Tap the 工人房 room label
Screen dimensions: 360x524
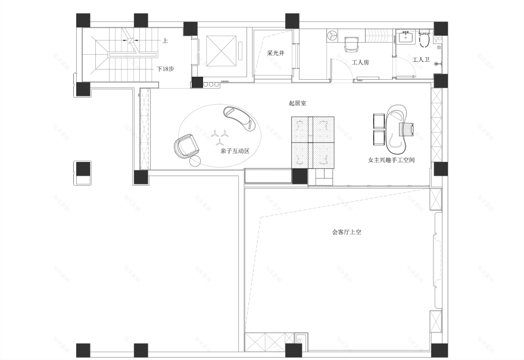360,62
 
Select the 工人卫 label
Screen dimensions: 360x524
420,60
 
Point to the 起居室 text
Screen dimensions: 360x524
297,104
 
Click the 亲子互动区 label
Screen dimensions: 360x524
234,151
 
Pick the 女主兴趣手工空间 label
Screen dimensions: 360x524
391,161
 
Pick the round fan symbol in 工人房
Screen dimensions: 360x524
332,36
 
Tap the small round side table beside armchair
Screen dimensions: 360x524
195,161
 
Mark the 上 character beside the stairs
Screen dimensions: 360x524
165,40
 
